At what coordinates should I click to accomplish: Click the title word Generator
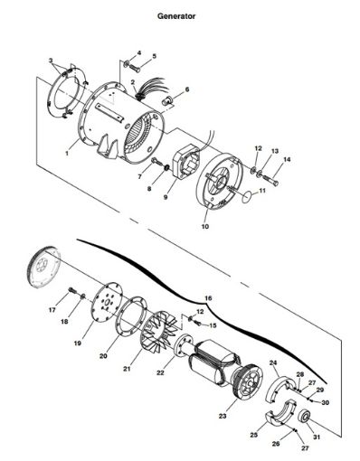(176, 15)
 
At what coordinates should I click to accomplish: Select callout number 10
(204, 227)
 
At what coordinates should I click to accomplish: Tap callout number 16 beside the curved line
(209, 297)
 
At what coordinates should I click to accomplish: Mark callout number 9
(166, 196)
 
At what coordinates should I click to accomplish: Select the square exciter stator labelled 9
(182, 163)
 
